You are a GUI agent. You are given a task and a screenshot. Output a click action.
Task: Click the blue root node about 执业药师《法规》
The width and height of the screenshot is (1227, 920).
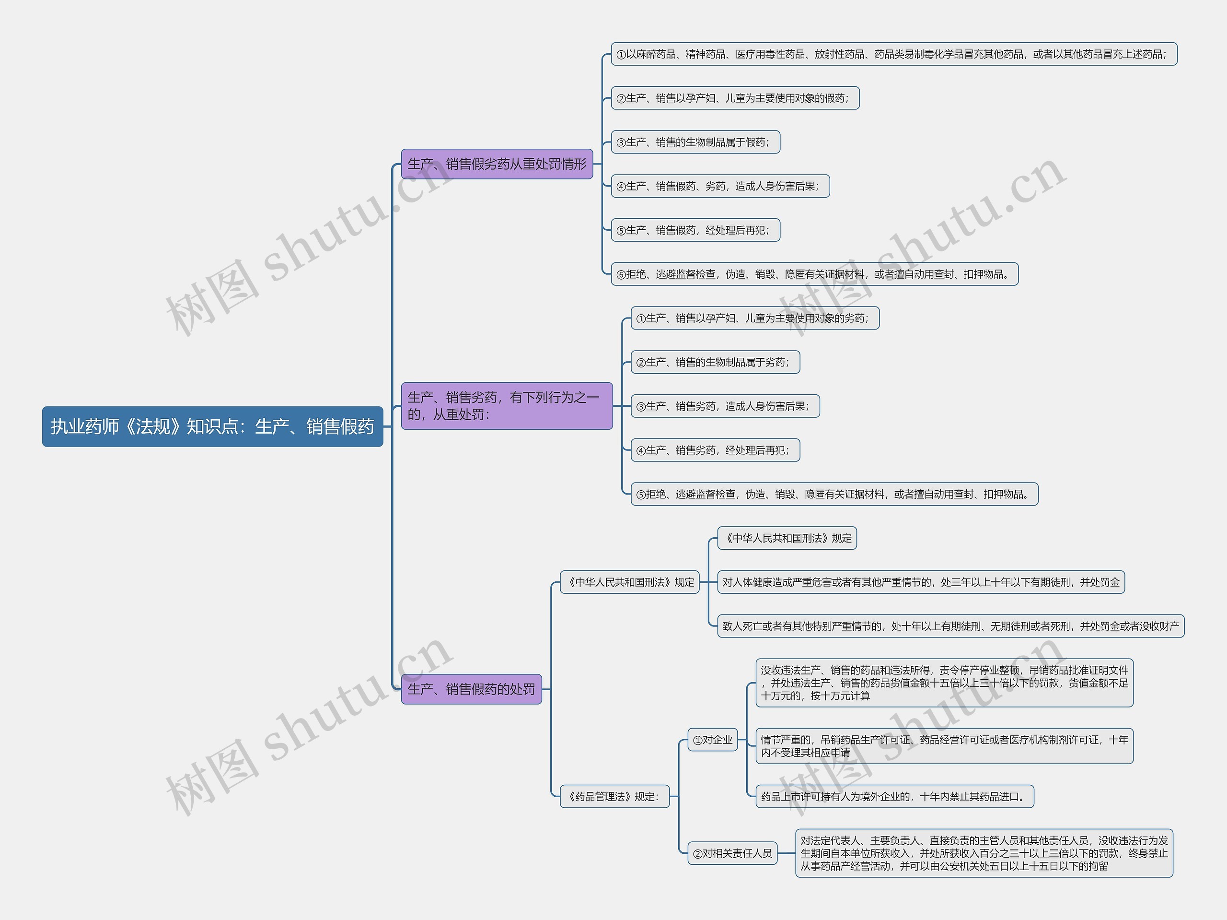(212, 426)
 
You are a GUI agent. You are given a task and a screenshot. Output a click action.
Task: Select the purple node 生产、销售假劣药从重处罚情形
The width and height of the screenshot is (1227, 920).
(497, 164)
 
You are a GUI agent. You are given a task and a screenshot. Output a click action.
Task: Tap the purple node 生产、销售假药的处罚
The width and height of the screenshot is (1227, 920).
(471, 689)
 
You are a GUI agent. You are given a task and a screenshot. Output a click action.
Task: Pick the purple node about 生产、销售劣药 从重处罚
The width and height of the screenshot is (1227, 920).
(507, 406)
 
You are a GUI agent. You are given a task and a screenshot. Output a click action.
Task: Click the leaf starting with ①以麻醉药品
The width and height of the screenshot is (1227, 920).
(893, 54)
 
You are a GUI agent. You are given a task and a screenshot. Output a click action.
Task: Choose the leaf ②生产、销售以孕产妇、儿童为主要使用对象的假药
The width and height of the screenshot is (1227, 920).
(734, 98)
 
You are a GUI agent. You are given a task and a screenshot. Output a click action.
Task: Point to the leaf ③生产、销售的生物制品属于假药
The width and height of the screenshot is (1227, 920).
(695, 142)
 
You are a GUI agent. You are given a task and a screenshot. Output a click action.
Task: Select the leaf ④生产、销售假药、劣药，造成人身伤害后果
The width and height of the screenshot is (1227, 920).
(719, 186)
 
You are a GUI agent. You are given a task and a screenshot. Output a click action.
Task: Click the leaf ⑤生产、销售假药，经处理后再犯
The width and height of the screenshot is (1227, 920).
(695, 230)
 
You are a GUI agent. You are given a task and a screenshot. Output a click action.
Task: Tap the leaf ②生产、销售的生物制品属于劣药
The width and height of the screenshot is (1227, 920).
(715, 362)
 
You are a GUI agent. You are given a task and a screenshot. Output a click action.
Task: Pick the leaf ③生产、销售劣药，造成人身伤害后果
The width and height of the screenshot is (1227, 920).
(725, 406)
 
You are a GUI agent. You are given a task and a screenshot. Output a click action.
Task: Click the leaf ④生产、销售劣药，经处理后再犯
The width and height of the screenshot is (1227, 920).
(715, 450)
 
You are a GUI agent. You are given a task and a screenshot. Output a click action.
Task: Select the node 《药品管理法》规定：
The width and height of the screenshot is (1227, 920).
(614, 796)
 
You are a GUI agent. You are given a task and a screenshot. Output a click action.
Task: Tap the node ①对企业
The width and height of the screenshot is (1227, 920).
(712, 740)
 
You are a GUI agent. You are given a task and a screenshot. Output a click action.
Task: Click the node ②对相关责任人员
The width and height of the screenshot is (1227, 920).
(732, 853)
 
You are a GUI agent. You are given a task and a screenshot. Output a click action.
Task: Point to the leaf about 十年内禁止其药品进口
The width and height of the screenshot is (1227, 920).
(894, 796)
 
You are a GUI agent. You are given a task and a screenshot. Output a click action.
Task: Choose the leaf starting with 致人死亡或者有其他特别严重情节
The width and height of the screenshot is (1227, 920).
(950, 626)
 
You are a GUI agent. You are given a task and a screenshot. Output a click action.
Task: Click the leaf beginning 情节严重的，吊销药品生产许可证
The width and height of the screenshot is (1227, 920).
(944, 746)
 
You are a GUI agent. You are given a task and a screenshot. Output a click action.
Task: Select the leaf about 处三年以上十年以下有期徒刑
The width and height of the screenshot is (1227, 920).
(920, 582)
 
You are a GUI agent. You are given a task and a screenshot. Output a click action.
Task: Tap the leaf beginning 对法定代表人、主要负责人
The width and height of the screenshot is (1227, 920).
(984, 853)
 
